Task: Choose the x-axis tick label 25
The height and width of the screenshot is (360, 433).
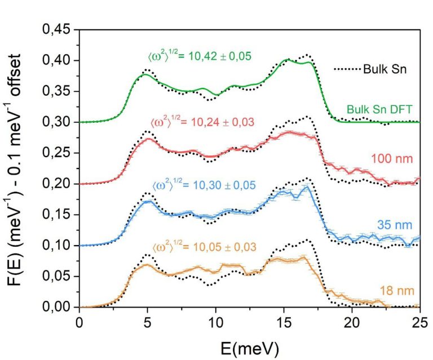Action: click(x=419, y=322)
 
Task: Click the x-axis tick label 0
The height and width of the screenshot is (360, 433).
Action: click(x=79, y=322)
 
